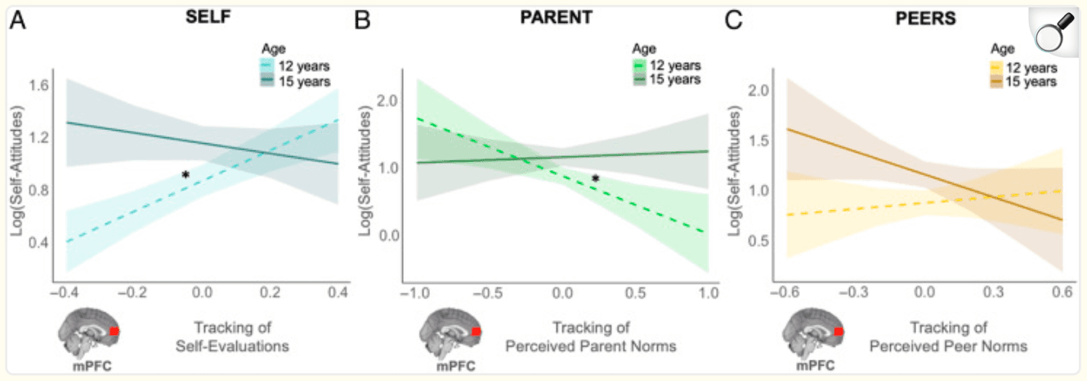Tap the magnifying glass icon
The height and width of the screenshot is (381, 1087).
click(1054, 34)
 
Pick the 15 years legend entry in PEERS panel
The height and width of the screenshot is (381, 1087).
click(1028, 82)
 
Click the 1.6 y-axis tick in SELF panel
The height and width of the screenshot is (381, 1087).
click(38, 85)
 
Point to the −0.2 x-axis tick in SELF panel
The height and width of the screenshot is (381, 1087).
click(131, 292)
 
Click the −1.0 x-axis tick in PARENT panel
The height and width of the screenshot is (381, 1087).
click(414, 292)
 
